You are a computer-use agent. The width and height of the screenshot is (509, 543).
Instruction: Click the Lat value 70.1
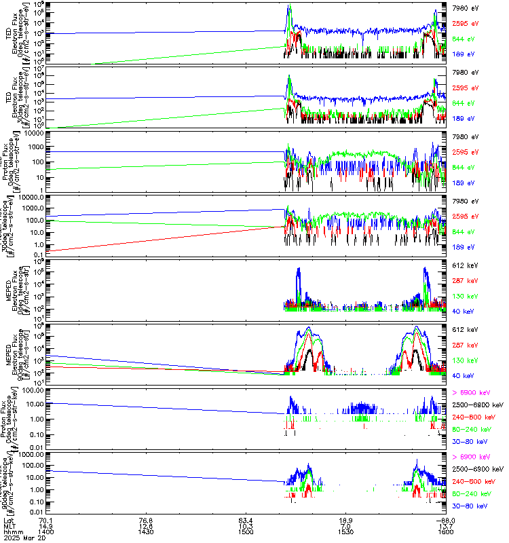tap(46, 520)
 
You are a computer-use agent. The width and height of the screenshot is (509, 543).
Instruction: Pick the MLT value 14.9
tap(46, 526)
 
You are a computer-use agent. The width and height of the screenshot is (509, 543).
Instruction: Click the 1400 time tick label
tap(46, 532)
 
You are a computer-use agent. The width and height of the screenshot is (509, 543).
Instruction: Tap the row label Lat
tap(9, 520)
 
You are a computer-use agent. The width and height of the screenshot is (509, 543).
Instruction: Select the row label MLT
tap(9, 526)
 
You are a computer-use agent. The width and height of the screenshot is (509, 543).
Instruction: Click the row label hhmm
tap(12, 532)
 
